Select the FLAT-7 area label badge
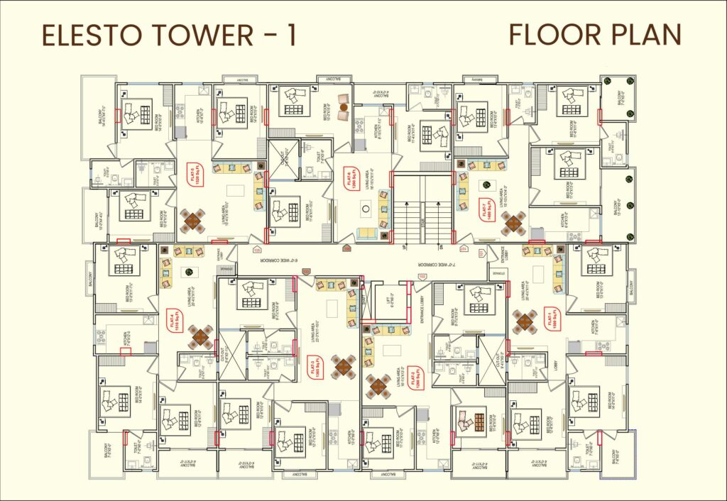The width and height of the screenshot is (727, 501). point(488,211)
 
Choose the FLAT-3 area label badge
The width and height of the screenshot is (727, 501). point(313,368)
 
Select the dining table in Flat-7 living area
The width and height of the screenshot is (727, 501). point(514,223)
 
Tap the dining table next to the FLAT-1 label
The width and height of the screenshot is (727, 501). point(525,322)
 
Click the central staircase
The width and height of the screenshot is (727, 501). point(422,210)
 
